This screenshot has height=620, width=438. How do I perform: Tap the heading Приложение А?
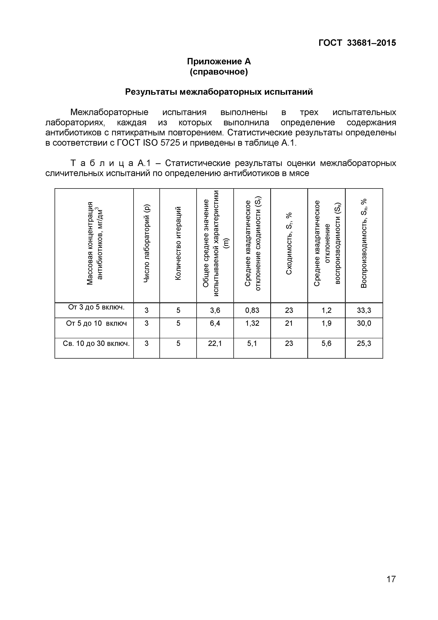coord(219,62)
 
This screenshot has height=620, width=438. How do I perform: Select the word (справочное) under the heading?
coord(219,72)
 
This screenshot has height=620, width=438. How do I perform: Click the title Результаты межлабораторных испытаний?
coord(219,92)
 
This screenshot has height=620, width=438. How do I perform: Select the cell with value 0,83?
coord(252,310)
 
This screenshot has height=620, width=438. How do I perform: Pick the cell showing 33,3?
coord(364,310)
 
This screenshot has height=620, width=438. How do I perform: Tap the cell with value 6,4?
coord(215,323)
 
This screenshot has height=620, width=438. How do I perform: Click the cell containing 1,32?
coord(252,323)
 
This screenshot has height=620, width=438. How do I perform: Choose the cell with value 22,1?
coord(215,343)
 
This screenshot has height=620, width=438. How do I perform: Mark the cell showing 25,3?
coord(364,343)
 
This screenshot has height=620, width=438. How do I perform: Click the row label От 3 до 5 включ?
coord(96,307)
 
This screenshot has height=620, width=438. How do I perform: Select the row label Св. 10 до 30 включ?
coord(96,343)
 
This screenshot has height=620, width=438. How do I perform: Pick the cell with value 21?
coord(289,323)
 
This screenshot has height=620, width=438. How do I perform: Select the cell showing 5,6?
coord(326,343)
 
